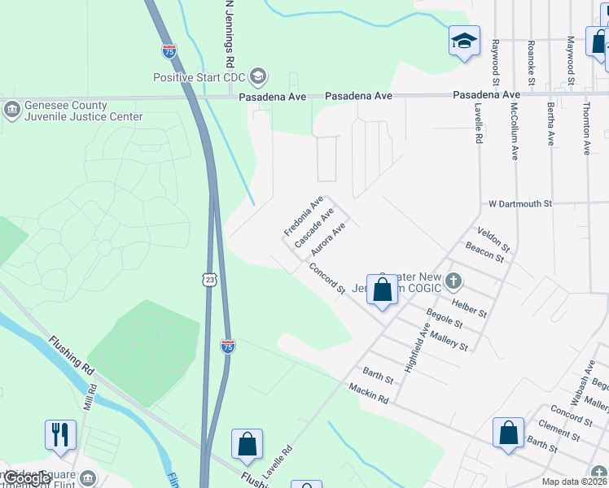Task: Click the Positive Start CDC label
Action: (200, 78)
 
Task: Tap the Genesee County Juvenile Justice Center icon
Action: (12, 109)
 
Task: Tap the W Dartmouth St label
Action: (520, 203)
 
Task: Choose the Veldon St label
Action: (493, 238)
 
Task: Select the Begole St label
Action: (445, 318)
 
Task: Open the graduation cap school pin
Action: (464, 40)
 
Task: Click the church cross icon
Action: (453, 281)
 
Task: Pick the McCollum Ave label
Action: (515, 131)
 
